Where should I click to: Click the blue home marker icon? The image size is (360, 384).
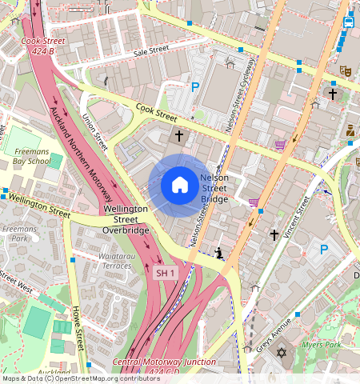[180, 186]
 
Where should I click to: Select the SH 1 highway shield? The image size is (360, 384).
[165, 274]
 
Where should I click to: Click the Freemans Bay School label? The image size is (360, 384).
[26, 156]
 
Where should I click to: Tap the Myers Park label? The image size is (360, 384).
[322, 345]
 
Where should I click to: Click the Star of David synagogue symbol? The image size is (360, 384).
[281, 352]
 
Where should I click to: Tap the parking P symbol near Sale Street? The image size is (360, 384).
[194, 87]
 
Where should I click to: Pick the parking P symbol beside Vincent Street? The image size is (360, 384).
[324, 250]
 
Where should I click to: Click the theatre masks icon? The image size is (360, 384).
[346, 71]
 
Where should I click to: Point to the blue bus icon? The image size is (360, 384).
[348, 22]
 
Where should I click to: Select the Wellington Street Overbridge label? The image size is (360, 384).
[126, 219]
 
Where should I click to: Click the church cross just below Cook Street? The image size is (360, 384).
[179, 137]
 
